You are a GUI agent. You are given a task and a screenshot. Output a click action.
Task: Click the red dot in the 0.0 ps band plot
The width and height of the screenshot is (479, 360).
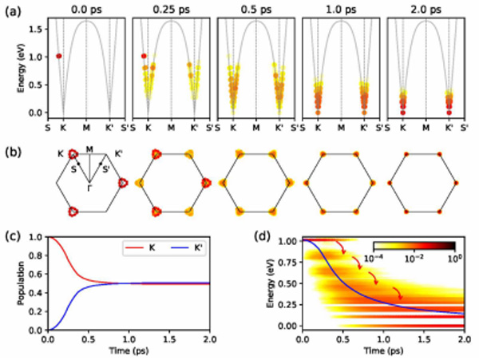(x=58, y=56)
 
